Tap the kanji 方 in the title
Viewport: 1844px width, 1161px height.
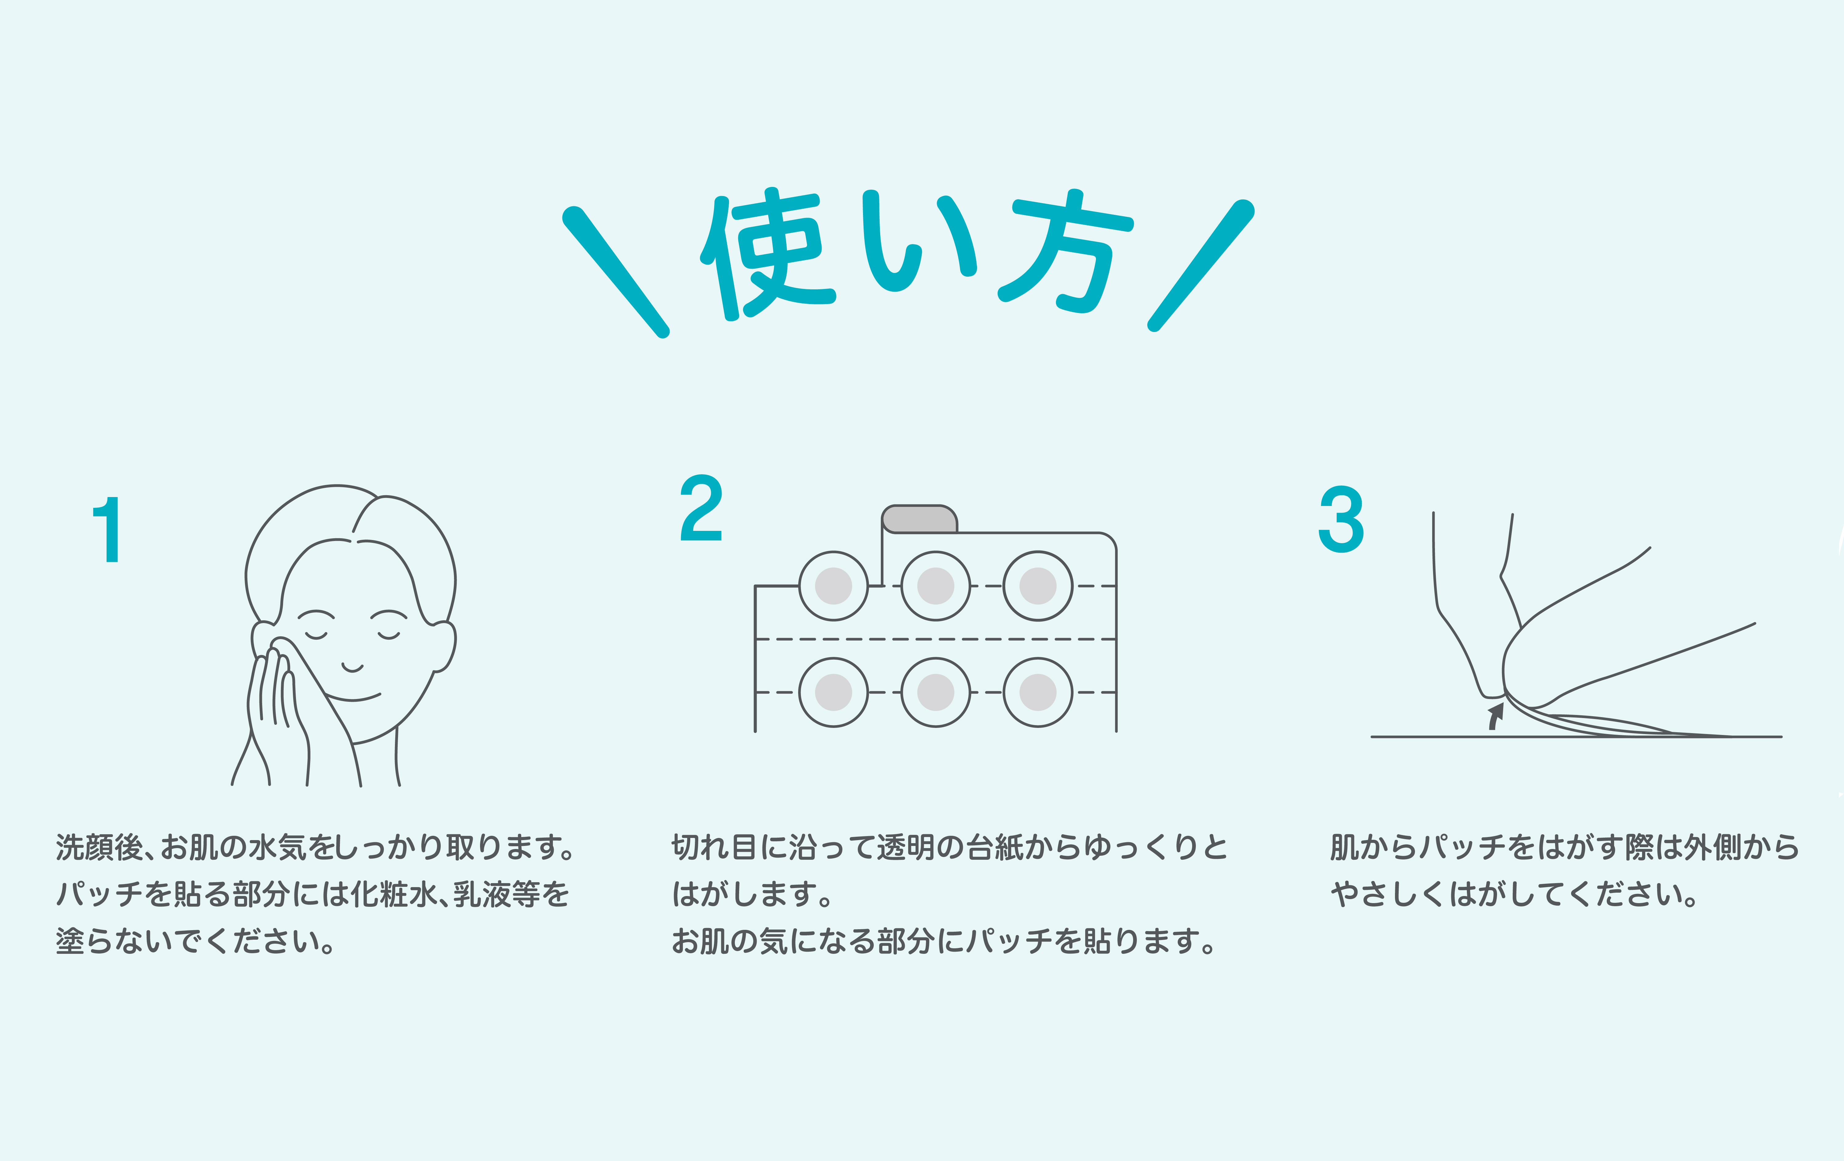1064,251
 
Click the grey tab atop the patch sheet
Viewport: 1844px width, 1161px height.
919,519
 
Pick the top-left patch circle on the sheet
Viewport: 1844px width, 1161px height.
833,586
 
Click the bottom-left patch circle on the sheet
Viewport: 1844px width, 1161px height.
833,692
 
